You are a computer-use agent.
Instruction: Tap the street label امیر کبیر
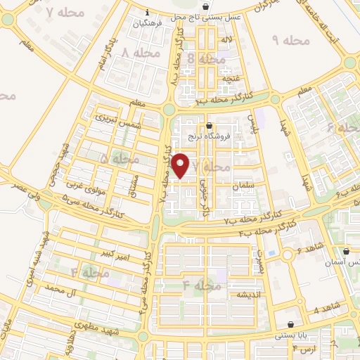(113, 252)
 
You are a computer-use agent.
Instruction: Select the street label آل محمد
(60, 288)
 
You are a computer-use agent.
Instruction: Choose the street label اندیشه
(251, 293)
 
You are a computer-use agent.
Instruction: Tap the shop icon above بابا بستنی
(291, 325)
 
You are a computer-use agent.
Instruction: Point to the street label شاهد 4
(326, 309)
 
